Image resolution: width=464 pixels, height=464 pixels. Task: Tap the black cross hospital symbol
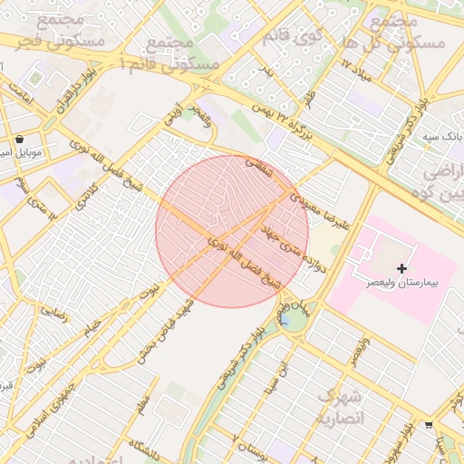[401, 268]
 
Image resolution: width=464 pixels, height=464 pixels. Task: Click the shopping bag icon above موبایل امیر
[20, 140]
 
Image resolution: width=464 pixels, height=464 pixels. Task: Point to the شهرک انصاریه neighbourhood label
[340, 407]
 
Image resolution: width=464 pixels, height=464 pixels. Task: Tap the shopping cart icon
[428, 423]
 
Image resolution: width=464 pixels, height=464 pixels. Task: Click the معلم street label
[140, 402]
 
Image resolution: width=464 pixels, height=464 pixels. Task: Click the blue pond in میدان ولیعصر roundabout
[285, 320]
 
